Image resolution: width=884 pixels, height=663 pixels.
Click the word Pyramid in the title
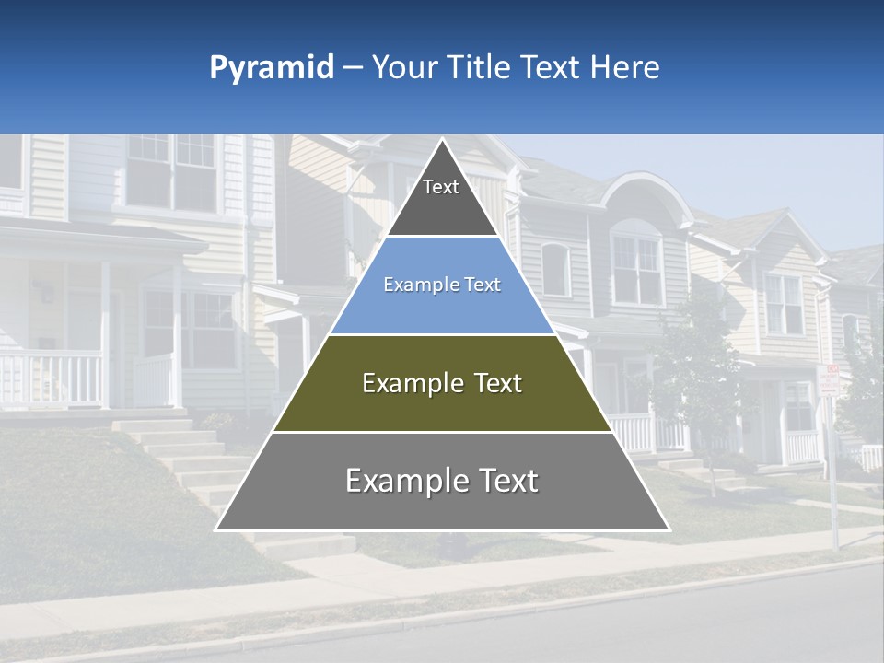272,68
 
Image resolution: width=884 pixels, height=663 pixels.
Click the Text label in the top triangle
441,188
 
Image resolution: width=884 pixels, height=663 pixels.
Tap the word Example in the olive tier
401,383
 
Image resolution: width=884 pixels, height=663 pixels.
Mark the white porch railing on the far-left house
51,378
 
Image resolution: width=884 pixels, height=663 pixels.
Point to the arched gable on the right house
635,198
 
